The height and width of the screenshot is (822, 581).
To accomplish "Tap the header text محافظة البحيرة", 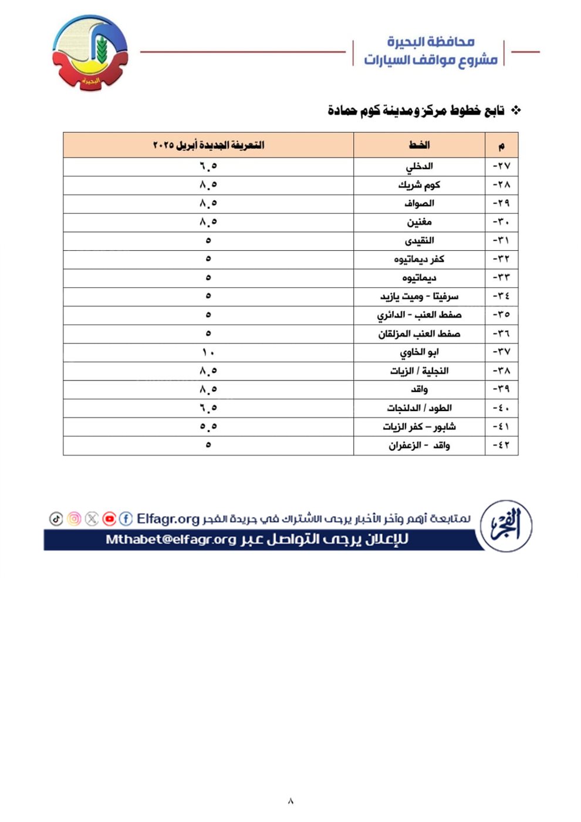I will pyautogui.click(x=430, y=42).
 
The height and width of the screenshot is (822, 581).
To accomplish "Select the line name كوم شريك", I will pyautogui.click(x=419, y=185).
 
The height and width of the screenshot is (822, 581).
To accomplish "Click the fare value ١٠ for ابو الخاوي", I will pyautogui.click(x=208, y=352).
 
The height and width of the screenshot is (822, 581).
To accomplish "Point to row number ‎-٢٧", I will pyautogui.click(x=501, y=166).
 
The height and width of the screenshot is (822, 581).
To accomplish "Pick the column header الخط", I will pyautogui.click(x=419, y=145).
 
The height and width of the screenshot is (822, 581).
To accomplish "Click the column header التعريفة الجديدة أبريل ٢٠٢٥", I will pyautogui.click(x=208, y=145).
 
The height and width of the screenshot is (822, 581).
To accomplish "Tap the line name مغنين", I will pyautogui.click(x=419, y=222).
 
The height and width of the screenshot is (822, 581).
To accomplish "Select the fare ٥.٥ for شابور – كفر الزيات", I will pyautogui.click(x=208, y=426).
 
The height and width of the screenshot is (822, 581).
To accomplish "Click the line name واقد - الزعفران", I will pyautogui.click(x=419, y=445).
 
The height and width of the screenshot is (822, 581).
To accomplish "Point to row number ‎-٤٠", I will pyautogui.click(x=501, y=408).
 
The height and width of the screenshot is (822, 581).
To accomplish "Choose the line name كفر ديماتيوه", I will pyautogui.click(x=419, y=259).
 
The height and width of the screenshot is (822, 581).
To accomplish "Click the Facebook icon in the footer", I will pyautogui.click(x=126, y=518).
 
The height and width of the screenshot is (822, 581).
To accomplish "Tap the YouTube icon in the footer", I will pyautogui.click(x=109, y=518).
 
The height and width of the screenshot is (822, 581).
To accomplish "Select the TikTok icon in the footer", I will pyautogui.click(x=56, y=518).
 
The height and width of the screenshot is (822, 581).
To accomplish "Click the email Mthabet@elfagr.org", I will pyautogui.click(x=171, y=540).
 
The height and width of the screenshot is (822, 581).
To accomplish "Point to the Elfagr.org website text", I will pyautogui.click(x=168, y=518).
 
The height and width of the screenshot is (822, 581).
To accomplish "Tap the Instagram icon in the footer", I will pyautogui.click(x=74, y=518).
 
